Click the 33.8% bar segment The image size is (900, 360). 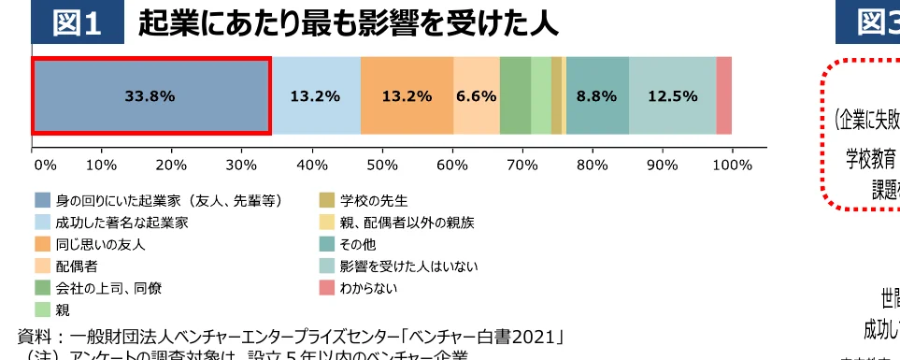pos(150,95)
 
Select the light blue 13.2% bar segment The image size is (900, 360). pos(315,95)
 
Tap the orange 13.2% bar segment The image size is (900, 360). pos(407,95)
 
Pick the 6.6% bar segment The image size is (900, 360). pos(476,95)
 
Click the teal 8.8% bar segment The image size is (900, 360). pos(596,95)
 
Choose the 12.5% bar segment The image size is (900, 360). pos(672,95)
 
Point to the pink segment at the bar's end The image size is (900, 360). pos(723,95)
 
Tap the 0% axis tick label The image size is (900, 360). pos(45,165)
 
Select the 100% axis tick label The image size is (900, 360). pos(732,165)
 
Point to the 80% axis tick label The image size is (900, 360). pos(593,165)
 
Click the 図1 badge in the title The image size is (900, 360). pos(77,23)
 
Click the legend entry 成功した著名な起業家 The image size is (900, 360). pos(121,223)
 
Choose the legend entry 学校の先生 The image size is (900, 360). pos(374,200)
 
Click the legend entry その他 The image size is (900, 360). pos(360,245)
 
